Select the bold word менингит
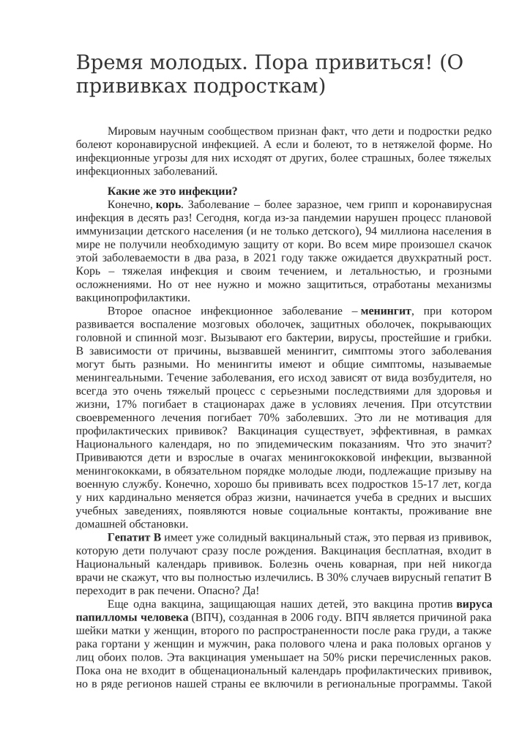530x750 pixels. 387,311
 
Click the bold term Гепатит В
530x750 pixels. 129,536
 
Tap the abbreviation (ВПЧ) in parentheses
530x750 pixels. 206,618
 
